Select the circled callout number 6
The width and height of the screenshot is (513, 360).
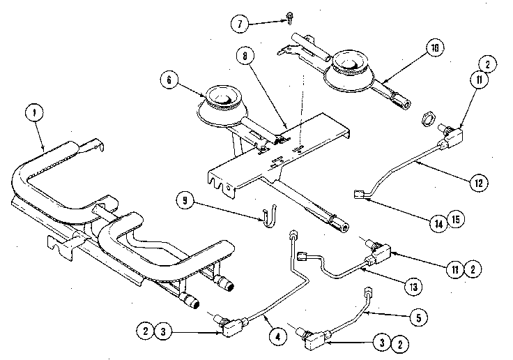[x=169, y=80]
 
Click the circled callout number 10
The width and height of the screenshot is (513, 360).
[x=434, y=50]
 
